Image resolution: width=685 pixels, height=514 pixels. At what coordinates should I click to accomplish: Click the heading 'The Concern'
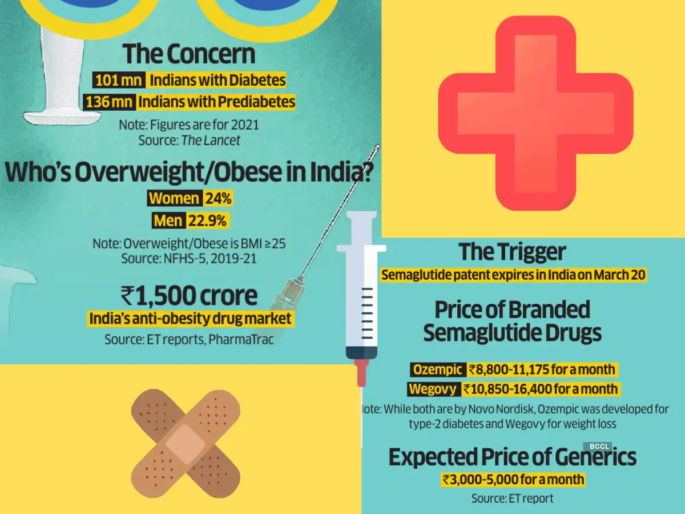[x=189, y=55]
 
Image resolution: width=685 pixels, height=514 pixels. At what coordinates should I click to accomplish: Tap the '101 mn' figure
[x=118, y=80]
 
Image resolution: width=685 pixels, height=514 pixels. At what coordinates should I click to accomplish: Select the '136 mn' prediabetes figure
[x=110, y=102]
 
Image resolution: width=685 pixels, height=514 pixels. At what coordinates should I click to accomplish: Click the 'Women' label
[x=174, y=199]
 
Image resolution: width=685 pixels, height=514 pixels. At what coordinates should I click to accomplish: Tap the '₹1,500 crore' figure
[x=189, y=296]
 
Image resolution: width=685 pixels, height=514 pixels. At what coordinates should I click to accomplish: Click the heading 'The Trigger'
[x=512, y=252]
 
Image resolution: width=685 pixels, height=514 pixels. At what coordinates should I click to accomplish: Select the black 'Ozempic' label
[x=438, y=370]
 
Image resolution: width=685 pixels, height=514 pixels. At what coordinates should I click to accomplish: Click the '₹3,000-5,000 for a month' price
[x=513, y=479]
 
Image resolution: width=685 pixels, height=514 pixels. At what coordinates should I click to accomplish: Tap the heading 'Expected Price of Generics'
[x=512, y=457]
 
